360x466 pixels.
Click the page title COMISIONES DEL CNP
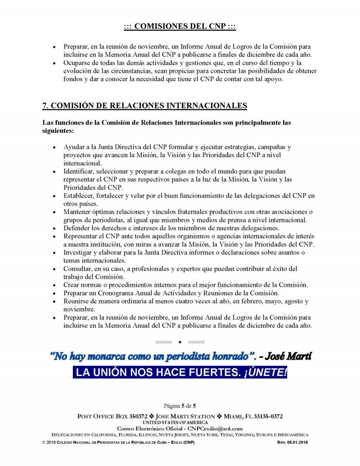[x=180, y=27]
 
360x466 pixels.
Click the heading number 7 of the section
[x=45, y=106]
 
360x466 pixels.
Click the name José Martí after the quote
[x=288, y=357]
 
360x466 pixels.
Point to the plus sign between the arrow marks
[x=180, y=342]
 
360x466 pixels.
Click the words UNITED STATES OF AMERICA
[x=180, y=423]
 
